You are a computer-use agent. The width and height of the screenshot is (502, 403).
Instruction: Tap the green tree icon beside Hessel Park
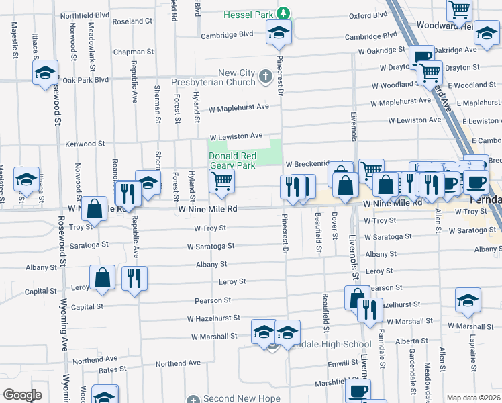pos(284,13)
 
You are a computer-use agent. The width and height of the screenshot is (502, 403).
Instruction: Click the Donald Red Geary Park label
pos(232,161)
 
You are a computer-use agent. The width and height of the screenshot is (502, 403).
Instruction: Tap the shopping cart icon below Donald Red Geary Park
pos(221,180)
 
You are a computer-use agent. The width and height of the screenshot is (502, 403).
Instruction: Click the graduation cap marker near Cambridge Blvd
pos(278,32)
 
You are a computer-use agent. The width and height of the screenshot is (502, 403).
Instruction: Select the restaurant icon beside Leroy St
pos(134,277)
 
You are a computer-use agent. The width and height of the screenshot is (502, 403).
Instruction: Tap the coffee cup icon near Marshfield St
pos(358,390)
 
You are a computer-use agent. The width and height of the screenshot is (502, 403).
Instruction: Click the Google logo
pos(22,395)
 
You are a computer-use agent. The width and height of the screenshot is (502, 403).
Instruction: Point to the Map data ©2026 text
pos(474,398)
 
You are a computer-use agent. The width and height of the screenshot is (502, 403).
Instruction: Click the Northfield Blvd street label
pos(85,15)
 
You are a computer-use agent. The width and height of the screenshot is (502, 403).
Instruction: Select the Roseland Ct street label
pos(132,21)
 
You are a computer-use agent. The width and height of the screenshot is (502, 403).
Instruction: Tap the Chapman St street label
pos(134,52)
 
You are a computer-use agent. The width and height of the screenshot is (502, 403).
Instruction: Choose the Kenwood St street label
pos(85,144)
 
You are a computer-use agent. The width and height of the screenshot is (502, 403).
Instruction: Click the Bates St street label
pos(107,370)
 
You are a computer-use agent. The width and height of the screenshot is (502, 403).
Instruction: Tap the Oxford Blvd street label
pos(368,15)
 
